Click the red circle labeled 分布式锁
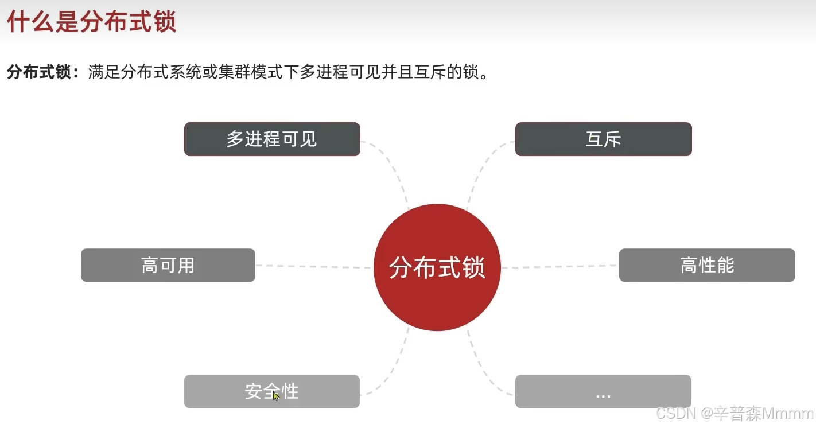(x=437, y=267)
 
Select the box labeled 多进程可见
(x=272, y=139)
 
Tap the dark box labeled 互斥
(x=603, y=139)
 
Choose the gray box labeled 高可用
(x=168, y=265)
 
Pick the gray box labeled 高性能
(x=707, y=265)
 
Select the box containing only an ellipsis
(x=603, y=391)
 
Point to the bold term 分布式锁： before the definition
(x=44, y=73)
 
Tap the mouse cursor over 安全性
(x=275, y=395)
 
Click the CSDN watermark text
(x=676, y=413)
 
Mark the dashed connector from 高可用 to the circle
(x=313, y=266)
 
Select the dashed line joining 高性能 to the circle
(x=559, y=267)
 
